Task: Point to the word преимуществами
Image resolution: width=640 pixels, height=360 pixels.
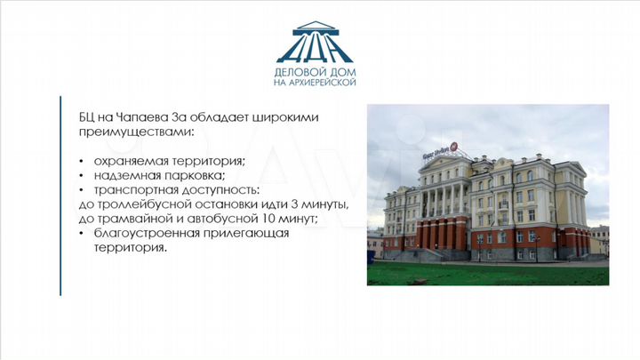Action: point(133,132)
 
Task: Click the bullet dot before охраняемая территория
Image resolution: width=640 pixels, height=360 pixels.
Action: point(82,162)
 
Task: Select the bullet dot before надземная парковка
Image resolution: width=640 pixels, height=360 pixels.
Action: point(82,176)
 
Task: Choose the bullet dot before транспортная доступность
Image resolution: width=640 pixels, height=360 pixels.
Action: point(82,190)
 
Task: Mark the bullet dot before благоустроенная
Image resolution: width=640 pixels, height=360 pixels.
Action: point(82,233)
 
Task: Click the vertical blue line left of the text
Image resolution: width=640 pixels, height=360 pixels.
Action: point(60,195)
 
